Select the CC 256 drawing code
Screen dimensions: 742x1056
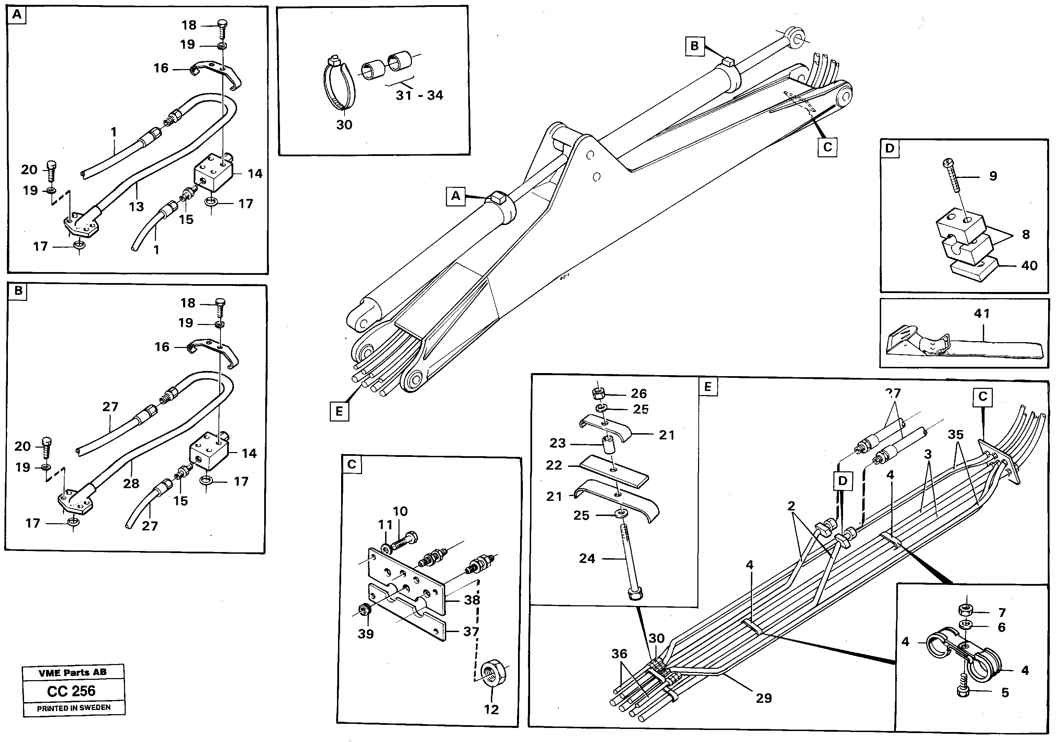[71, 691]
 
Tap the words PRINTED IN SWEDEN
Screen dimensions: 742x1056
[74, 708]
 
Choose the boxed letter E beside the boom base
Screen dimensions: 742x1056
[339, 411]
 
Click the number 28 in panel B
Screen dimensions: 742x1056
[131, 483]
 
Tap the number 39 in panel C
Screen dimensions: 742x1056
[366, 633]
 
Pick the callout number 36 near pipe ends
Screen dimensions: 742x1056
[619, 653]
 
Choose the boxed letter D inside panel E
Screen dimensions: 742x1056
[842, 481]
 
